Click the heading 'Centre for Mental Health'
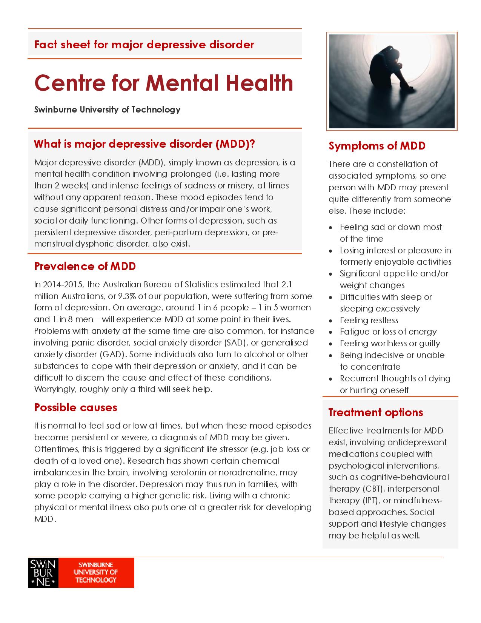click(164, 83)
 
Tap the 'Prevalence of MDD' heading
click(85, 266)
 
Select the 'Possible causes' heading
click(75, 407)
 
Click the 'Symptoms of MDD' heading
click(377, 146)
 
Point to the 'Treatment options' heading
click(376, 412)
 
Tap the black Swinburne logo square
click(43, 572)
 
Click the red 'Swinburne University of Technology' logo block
click(96, 572)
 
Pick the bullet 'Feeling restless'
click(369, 321)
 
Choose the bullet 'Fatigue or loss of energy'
click(388, 332)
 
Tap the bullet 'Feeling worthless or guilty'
click(390, 344)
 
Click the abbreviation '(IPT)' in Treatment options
click(372, 501)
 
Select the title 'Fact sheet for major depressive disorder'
click(144, 45)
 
